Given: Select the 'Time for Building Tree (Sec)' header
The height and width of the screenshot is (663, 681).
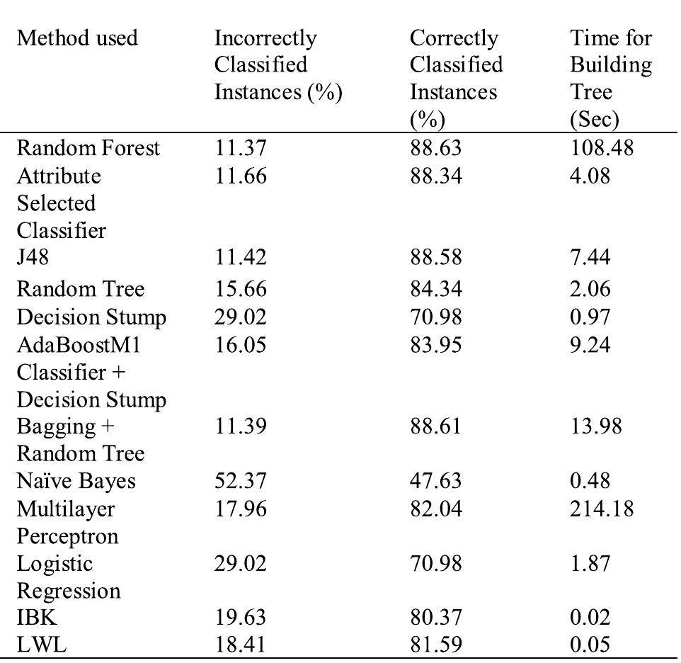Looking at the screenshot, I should click(611, 78).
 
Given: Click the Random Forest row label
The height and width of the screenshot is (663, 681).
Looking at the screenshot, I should click(88, 148).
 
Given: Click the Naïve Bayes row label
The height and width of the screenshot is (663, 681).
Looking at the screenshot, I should click(76, 481).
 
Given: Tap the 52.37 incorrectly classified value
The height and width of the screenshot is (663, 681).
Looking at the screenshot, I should click(240, 481).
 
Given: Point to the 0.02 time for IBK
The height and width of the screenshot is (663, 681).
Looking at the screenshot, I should click(590, 619).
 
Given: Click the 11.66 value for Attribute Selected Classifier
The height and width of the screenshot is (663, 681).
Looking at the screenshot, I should click(240, 176).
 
